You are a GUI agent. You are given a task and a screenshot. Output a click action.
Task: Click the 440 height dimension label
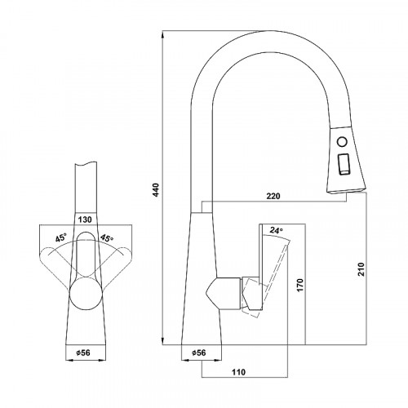click(x=156, y=190)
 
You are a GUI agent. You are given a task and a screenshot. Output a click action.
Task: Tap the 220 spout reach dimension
click(x=273, y=196)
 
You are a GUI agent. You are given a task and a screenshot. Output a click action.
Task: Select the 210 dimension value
click(x=361, y=269)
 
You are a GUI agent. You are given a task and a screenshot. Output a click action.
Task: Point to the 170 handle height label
click(x=299, y=285)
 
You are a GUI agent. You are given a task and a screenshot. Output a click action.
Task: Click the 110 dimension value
click(x=238, y=371)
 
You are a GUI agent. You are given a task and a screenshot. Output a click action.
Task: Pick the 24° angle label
click(x=276, y=231)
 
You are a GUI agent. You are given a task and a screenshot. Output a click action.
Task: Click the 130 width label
click(x=85, y=220)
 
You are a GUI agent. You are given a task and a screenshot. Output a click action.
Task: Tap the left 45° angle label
click(x=61, y=238)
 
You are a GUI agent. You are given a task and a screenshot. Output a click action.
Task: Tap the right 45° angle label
click(x=107, y=238)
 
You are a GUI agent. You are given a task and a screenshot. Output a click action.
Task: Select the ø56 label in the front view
click(x=82, y=353)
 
